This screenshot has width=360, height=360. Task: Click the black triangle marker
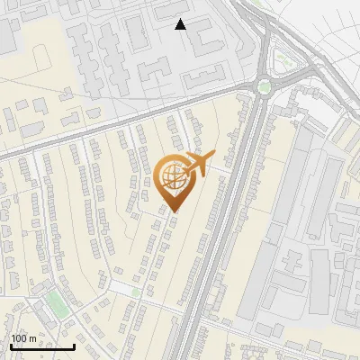coord(181,24)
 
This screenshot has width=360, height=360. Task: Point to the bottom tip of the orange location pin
coord(174,211)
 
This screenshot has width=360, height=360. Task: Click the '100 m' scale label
coord(23,338)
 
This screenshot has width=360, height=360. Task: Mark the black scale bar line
coord(42,346)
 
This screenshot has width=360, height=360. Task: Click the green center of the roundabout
coord(264,87)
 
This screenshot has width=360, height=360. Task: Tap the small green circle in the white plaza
coord(136,292)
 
